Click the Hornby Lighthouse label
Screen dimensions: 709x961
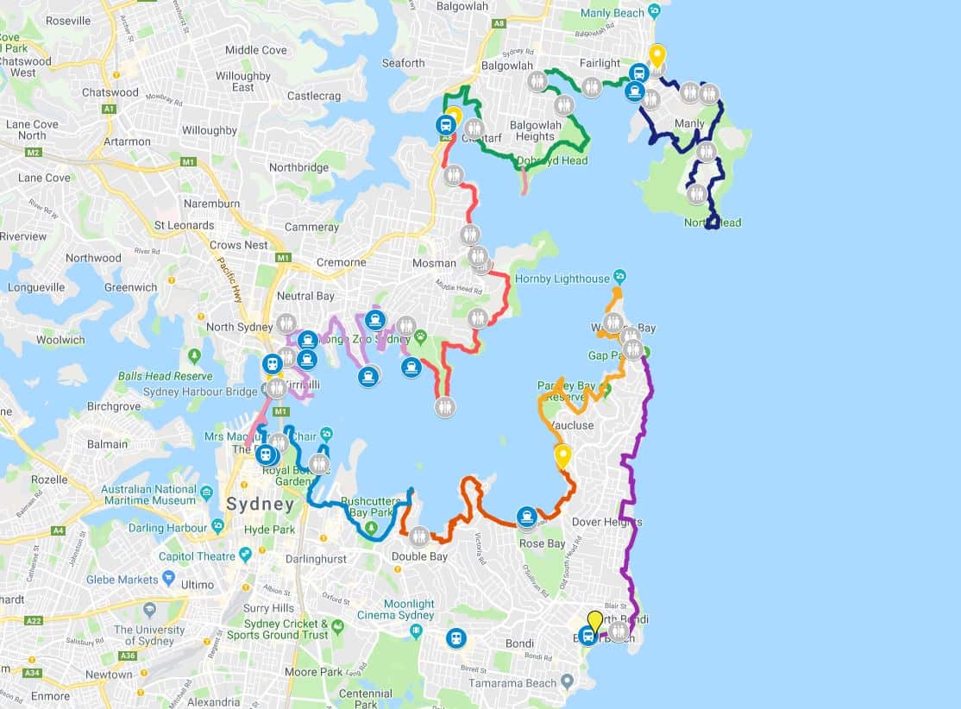pos(562,279)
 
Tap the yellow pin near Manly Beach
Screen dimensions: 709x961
pos(656,56)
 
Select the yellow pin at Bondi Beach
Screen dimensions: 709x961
pos(594,621)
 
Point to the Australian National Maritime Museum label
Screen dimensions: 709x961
pos(148,494)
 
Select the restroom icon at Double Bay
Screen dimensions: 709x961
pos(419,536)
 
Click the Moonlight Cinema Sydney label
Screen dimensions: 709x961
pos(397,609)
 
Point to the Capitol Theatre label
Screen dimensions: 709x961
pos(197,556)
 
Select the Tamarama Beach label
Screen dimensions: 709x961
pos(512,683)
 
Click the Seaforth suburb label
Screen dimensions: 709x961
pos(403,63)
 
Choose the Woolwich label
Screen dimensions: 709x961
pos(60,340)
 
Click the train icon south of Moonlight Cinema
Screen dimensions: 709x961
pos(455,638)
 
